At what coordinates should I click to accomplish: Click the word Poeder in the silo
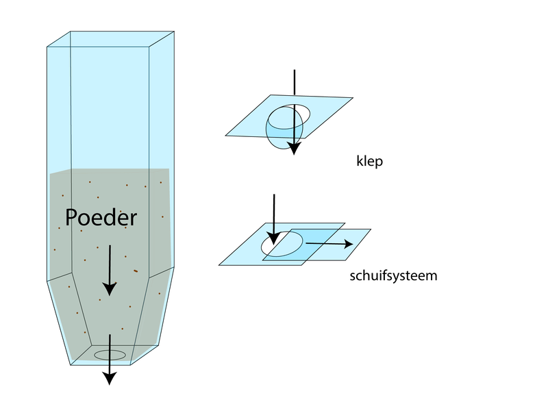101,218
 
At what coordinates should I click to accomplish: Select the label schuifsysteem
393,277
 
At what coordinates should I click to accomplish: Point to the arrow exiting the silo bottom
108,360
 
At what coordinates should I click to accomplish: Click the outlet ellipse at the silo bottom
110,355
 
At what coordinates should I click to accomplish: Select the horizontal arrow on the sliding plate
329,243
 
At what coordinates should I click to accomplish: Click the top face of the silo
110,39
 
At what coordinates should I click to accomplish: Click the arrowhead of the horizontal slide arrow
348,243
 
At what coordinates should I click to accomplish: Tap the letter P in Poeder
71,218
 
